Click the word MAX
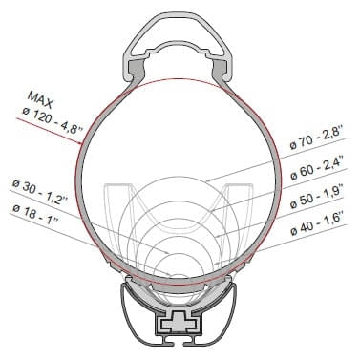coord(41,98)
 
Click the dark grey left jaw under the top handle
coord(140,69)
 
